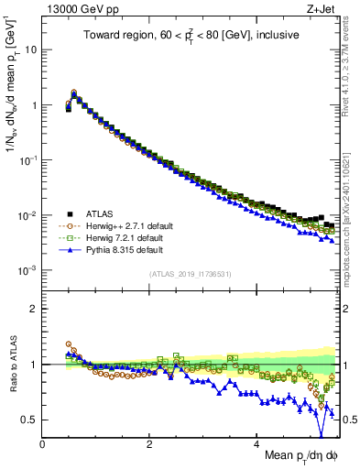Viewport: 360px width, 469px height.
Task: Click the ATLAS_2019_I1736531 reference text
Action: tap(190, 274)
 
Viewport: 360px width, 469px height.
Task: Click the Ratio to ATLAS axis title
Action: tap(13, 365)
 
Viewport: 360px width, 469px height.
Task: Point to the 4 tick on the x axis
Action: tap(257, 443)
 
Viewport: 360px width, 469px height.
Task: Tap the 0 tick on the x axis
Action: tap(42, 443)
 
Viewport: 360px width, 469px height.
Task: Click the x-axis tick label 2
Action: tap(149, 443)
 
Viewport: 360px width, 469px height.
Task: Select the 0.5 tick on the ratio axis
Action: tap(29, 420)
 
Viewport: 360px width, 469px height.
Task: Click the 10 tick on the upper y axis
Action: tap(29, 49)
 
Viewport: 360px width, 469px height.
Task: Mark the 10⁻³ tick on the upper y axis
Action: tap(27, 270)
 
